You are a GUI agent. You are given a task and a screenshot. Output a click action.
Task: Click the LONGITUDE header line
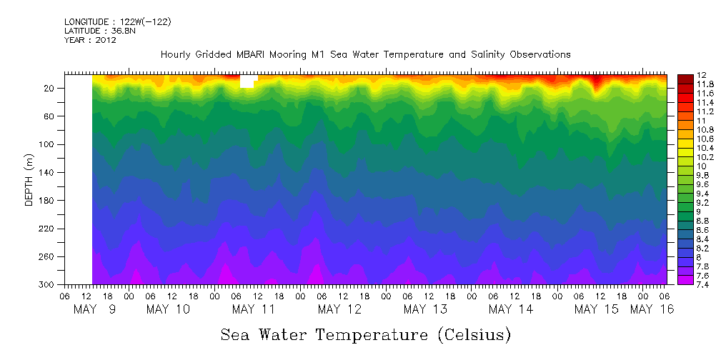(117, 22)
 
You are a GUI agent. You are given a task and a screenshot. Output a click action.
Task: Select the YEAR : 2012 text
(90, 40)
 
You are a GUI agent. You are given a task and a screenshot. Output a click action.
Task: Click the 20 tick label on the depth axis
(50, 89)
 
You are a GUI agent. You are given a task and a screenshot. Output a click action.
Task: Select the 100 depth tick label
(48, 144)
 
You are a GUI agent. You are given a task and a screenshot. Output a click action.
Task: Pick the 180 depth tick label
(48, 201)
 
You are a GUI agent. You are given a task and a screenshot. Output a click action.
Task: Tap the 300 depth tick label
(48, 285)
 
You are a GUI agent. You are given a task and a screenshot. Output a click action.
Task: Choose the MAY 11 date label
(254, 309)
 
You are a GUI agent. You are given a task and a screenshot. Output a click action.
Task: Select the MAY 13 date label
(425, 309)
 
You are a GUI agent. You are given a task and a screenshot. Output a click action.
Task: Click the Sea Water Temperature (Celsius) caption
(366, 334)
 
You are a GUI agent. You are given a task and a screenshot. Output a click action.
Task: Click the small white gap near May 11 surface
(247, 81)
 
